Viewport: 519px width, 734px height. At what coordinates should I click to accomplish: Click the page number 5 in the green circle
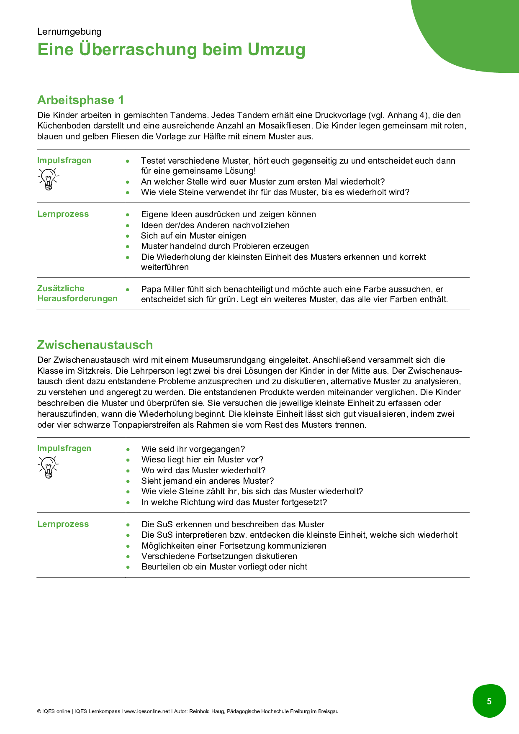[x=489, y=701]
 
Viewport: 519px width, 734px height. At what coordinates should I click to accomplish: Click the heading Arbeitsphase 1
[x=80, y=100]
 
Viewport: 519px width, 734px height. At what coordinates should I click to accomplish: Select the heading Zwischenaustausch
[x=95, y=345]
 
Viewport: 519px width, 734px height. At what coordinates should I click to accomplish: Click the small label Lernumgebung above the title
[x=69, y=32]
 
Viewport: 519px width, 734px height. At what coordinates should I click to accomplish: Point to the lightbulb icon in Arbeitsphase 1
[x=49, y=179]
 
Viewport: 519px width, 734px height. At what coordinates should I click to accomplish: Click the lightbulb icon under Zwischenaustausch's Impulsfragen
[x=49, y=467]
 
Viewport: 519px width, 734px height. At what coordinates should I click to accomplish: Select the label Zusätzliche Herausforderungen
[x=77, y=293]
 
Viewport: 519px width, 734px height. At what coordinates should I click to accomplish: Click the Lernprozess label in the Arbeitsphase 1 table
[x=63, y=214]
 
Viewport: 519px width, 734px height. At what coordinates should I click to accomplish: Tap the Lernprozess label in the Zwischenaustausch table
[x=63, y=524]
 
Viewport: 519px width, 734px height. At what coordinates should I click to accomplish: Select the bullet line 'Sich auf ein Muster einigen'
[x=193, y=236]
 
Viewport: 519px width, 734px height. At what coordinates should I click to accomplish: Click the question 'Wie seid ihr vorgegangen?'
[x=193, y=449]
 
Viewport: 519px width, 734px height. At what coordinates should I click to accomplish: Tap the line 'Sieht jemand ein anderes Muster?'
[x=208, y=481]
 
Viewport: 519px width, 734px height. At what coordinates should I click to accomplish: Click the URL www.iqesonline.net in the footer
[x=147, y=711]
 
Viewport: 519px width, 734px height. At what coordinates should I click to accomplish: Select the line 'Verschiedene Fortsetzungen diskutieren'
[x=219, y=556]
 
